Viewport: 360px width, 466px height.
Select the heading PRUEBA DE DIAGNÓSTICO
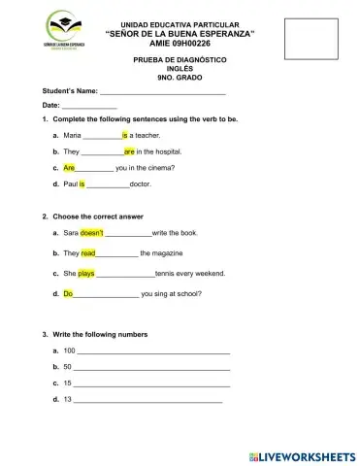pyautogui.click(x=180, y=60)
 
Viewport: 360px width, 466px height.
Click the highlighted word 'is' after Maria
pyautogui.click(x=125, y=137)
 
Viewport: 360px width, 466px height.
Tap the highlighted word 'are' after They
pyautogui.click(x=128, y=152)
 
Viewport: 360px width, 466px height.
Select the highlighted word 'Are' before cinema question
pyautogui.click(x=69, y=167)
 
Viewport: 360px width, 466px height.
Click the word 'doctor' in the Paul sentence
pyautogui.click(x=140, y=183)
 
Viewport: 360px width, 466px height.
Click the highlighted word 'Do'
pyautogui.click(x=68, y=292)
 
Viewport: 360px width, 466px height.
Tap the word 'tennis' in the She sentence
pyautogui.click(x=167, y=274)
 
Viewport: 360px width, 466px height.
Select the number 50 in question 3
pyautogui.click(x=66, y=367)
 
